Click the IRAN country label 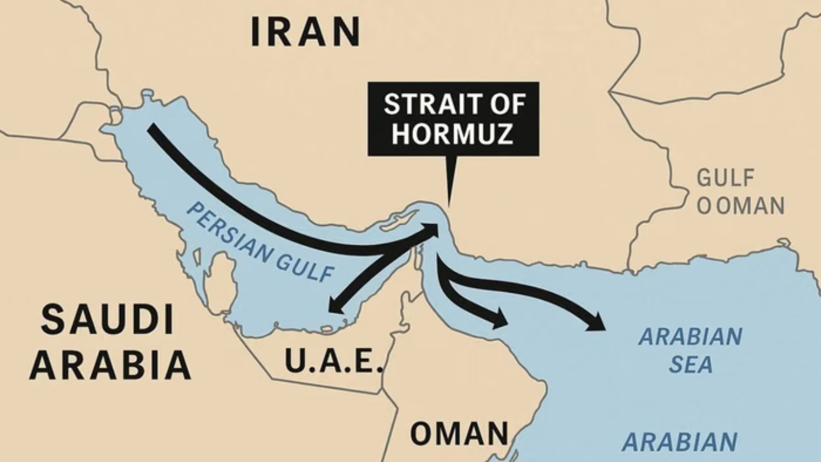pyautogui.click(x=305, y=32)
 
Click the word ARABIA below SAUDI pyautogui.click(x=110, y=365)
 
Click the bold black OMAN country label pyautogui.click(x=459, y=434)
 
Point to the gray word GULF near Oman pyautogui.click(x=726, y=177)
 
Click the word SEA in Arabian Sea pyautogui.click(x=691, y=365)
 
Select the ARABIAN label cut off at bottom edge pyautogui.click(x=680, y=442)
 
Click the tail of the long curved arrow pyautogui.click(x=151, y=128)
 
